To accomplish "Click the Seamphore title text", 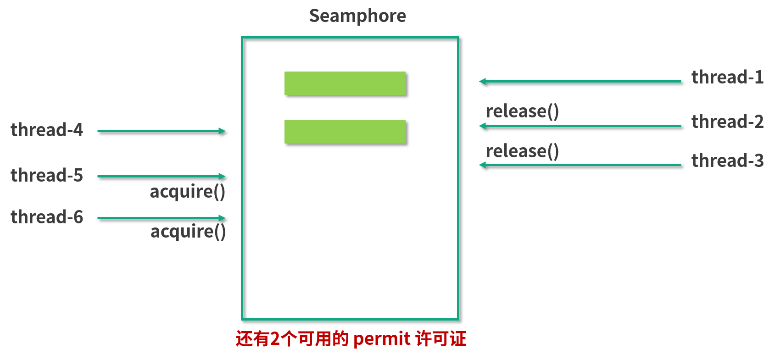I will [357, 16].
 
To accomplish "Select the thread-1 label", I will [727, 77].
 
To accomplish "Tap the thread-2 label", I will [727, 122].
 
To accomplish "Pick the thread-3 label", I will [727, 161].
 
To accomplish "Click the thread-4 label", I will [47, 130].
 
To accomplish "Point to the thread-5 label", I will [47, 175].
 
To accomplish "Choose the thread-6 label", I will [47, 217].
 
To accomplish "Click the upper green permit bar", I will [345, 83].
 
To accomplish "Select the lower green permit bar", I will [345, 132].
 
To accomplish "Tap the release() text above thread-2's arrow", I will [522, 111].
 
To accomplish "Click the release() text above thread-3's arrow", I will [522, 151].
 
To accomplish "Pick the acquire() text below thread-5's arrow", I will [187, 192].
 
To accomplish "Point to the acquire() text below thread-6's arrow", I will [188, 232].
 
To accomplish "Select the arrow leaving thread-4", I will [161, 131].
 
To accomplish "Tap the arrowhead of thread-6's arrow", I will [222, 218].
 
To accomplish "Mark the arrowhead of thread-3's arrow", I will [482, 165].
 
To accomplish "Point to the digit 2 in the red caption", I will [274, 339].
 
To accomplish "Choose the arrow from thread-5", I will [161, 176].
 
